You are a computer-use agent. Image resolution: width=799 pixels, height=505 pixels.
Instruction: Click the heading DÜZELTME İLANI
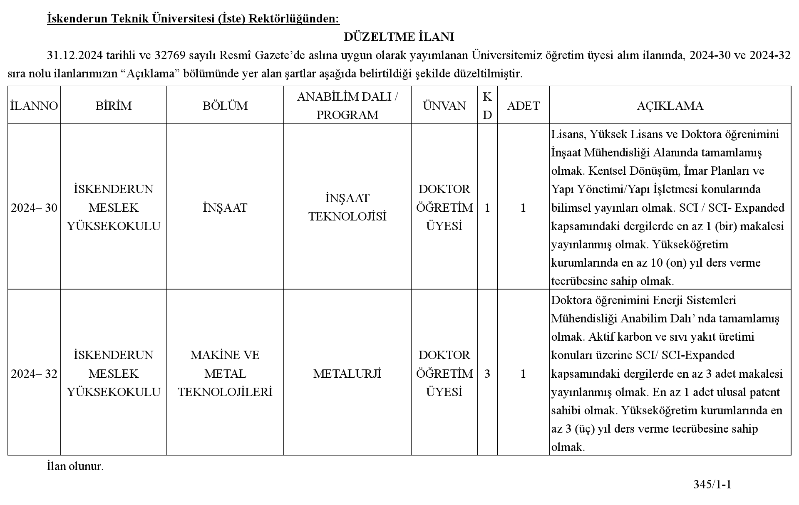399,37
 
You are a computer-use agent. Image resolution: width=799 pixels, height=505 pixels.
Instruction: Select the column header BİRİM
113,106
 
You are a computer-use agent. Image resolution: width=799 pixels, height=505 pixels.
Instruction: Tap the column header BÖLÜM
225,106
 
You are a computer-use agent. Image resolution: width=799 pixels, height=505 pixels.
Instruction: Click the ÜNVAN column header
444,106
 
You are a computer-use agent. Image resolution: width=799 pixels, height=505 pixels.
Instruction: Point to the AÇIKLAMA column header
670,106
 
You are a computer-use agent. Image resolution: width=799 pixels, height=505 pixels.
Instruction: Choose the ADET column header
523,106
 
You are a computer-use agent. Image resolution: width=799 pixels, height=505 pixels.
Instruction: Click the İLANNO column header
34,106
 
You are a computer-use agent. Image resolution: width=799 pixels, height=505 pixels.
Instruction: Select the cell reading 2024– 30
34,208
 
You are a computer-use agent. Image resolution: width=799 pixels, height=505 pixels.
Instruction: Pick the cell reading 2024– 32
34,374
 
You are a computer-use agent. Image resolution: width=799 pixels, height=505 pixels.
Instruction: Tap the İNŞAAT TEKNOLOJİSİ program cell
347,207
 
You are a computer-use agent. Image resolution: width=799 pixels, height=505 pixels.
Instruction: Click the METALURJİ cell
347,374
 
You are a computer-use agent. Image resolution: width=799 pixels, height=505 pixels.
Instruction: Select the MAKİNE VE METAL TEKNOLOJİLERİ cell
225,374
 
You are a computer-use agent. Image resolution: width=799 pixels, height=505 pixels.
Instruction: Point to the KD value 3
487,374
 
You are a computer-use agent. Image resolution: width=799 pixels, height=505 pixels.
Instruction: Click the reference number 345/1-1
712,484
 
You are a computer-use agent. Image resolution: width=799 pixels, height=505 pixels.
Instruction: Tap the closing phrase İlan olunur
75,466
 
